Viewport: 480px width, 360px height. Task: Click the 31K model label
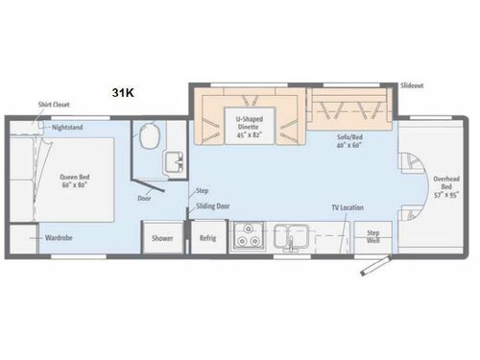click(123, 93)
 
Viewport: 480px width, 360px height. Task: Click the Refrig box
click(205, 238)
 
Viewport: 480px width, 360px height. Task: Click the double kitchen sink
click(288, 235)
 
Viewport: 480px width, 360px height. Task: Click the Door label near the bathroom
click(145, 199)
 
